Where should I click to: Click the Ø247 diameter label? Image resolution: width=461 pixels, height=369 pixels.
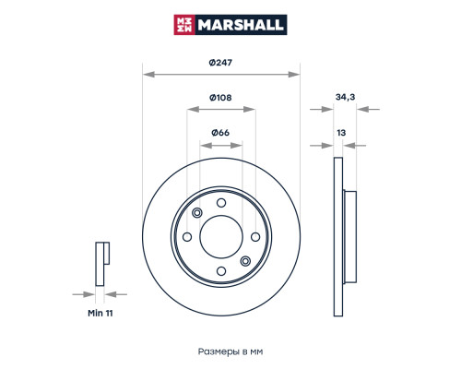pos(220,63)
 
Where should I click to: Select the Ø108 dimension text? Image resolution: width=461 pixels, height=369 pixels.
pos(220,98)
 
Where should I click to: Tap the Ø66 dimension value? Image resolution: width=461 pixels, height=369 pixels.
pos(220,133)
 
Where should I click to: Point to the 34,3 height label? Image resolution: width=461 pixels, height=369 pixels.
pos(345,97)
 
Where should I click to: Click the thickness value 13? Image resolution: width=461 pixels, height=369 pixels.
pos(341,133)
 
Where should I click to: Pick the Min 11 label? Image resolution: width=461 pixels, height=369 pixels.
pos(100,314)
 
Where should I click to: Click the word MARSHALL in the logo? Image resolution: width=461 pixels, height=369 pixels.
pos(241,25)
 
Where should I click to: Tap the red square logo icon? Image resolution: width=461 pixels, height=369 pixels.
pos(184,25)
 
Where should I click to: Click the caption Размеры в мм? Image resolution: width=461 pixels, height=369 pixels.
pos(230,351)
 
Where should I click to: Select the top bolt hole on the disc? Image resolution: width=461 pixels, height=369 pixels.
pos(221,203)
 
